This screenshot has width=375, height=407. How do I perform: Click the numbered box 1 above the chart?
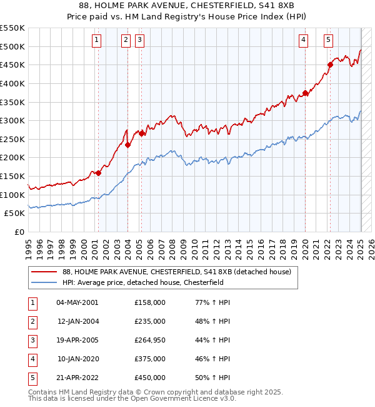97,40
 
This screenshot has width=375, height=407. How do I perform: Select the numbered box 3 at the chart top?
139,40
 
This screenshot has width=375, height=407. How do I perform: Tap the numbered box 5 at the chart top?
328,40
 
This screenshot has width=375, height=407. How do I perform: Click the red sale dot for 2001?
98,173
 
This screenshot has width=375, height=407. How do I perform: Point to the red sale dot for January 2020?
305,93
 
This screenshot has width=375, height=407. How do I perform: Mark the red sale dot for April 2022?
330,64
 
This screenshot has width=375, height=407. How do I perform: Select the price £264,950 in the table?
150,340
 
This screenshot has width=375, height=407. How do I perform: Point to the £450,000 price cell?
150,378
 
